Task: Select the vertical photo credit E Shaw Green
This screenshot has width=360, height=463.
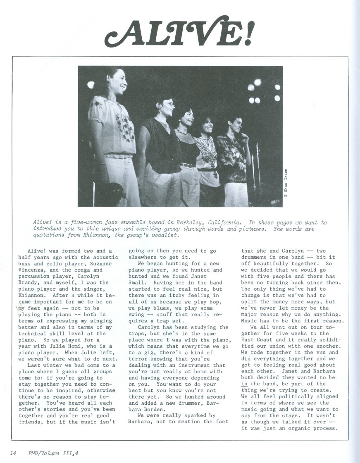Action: pos(286,182)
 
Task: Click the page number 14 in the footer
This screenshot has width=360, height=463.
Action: pos(13,453)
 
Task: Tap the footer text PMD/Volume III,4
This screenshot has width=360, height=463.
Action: pos(51,453)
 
